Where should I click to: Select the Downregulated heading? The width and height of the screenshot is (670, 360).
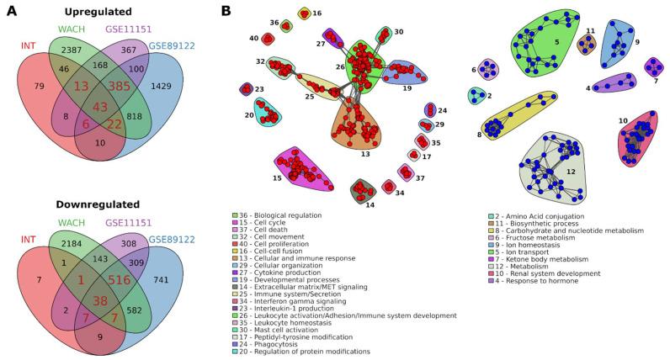[102, 181]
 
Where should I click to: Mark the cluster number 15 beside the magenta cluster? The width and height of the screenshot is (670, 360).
[278, 177]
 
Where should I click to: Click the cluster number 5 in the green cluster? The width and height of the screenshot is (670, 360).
[556, 40]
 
